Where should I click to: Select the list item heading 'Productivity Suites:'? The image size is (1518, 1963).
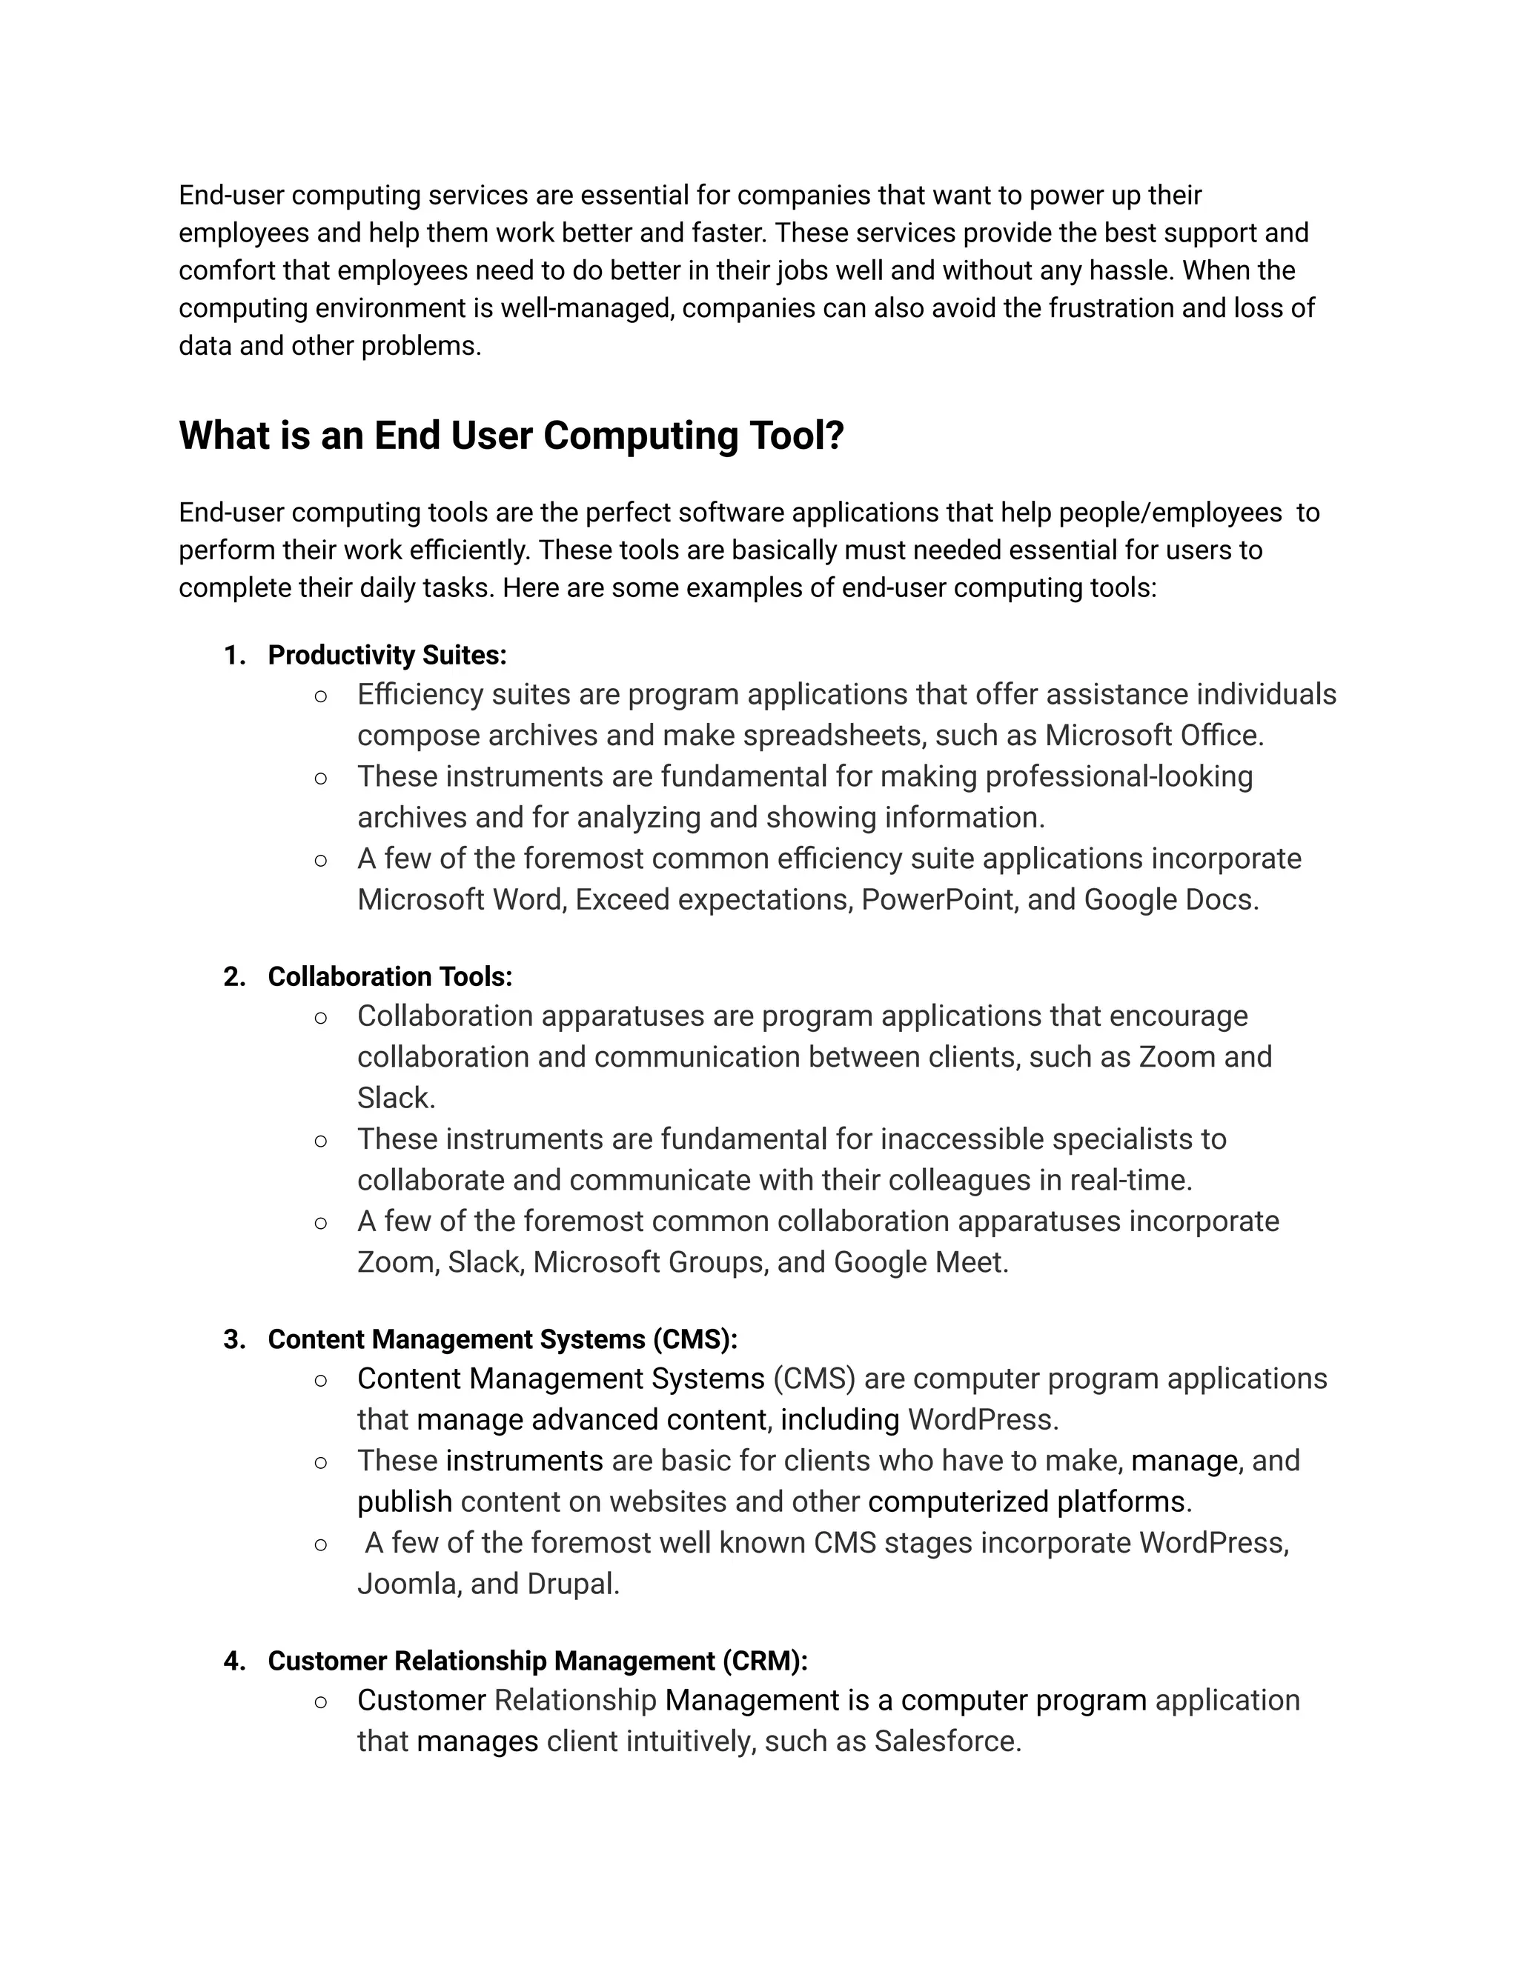[x=387, y=656]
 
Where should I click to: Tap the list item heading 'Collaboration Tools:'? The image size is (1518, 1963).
[x=389, y=977]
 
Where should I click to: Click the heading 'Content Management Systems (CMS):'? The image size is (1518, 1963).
[x=502, y=1339]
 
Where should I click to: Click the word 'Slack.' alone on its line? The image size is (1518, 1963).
[x=396, y=1098]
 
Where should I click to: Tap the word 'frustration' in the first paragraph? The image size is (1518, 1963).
[x=1104, y=308]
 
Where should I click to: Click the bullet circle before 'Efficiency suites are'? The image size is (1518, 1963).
[x=321, y=696]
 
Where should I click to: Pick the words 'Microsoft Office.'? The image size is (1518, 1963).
[x=1154, y=736]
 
